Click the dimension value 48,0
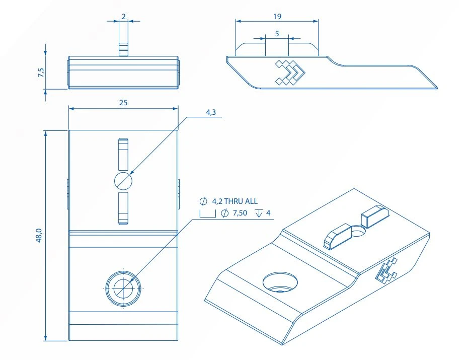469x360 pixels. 40,235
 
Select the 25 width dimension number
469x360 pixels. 123,103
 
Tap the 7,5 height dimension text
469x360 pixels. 41,73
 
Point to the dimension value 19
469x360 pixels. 277,17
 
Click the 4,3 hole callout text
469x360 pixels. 211,112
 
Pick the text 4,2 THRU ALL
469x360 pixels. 235,201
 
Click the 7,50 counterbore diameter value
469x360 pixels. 240,213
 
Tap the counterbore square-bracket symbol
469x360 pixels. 208,213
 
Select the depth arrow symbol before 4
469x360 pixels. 259,213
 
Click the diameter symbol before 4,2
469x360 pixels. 203,201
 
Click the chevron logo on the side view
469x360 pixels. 289,73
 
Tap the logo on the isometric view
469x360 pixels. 386,270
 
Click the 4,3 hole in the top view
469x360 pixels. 123,181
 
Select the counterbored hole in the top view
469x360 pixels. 123,289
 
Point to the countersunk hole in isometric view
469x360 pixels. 280,282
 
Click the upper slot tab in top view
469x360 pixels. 123,155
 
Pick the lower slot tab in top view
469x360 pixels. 123,208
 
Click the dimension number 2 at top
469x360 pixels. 123,17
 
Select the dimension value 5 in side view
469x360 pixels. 277,34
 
